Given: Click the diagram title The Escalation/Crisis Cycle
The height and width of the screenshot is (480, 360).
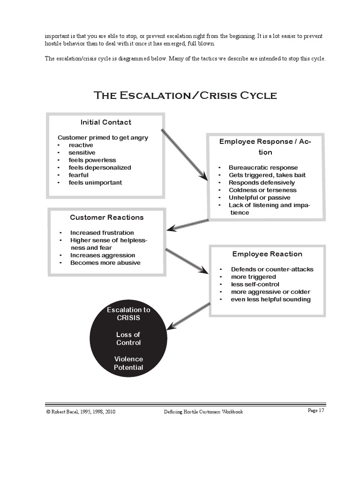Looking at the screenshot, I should click(186, 96).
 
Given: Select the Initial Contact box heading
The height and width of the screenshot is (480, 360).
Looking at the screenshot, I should click(106, 122).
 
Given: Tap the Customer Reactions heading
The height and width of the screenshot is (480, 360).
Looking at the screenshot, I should click(107, 217).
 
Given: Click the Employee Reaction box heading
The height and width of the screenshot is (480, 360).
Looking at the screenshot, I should click(267, 254).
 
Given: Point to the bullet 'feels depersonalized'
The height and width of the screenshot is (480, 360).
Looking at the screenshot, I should click(100, 168).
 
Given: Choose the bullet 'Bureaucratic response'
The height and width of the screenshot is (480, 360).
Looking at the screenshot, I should click(263, 168).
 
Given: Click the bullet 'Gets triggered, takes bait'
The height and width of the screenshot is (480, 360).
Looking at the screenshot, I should click(267, 175).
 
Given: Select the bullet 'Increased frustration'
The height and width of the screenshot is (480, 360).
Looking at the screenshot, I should click(102, 233).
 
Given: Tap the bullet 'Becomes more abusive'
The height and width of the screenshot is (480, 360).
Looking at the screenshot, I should click(105, 263).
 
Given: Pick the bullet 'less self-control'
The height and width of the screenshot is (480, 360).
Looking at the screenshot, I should click(255, 285).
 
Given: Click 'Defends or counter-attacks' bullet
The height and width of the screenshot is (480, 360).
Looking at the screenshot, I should click(272, 270).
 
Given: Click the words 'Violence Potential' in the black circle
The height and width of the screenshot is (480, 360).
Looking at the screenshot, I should click(128, 363).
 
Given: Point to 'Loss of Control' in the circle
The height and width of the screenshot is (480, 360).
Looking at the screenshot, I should click(128, 338).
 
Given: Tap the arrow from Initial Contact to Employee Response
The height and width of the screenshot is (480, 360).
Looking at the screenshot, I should click(184, 154).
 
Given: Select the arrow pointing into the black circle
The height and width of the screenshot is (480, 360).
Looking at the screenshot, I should click(188, 315).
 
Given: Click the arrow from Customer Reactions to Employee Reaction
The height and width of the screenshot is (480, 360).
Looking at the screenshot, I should click(187, 261).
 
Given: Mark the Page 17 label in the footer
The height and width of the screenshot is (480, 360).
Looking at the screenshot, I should click(315, 411).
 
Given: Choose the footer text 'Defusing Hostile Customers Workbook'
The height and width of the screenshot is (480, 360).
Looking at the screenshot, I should click(203, 412).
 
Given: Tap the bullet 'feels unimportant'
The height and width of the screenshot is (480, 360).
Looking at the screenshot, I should click(95, 183).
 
